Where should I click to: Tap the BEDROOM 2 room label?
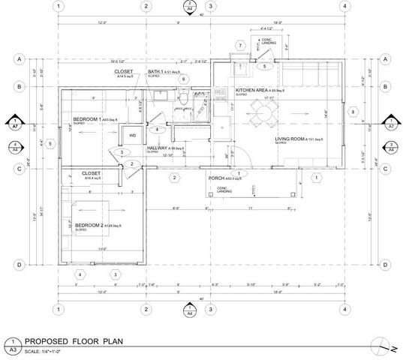coord(93,225)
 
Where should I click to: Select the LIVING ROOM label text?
coord(292,139)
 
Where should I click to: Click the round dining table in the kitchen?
coord(263,112)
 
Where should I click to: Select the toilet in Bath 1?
coord(182,97)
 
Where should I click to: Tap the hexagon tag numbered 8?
coord(353,112)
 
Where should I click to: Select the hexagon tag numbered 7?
coord(239,46)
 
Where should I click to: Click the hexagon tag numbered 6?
coord(182,79)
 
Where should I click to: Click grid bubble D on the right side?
coord(385,265)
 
